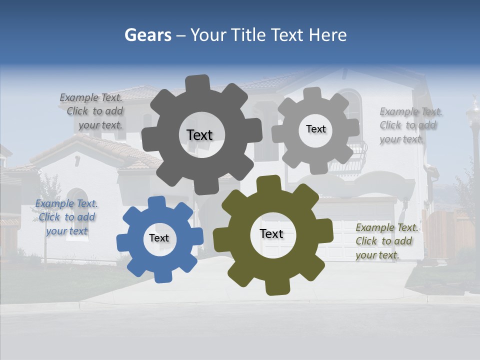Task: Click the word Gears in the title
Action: pyautogui.click(x=147, y=35)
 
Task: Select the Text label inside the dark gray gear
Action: pyautogui.click(x=199, y=135)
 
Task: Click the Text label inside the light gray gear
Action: pyautogui.click(x=315, y=129)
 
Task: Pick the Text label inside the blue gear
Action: pyautogui.click(x=159, y=238)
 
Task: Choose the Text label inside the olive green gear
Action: pyautogui.click(x=271, y=234)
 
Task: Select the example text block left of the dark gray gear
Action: pyautogui.click(x=92, y=111)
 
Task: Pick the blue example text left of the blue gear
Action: pyautogui.click(x=66, y=217)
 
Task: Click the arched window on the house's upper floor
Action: pyautogui.click(x=352, y=105)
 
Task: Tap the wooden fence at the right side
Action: pyautogui.click(x=450, y=232)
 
